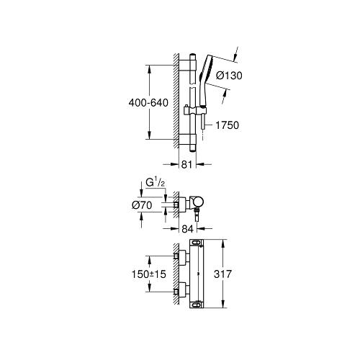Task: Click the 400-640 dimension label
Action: [x=148, y=103]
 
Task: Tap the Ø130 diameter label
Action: [x=229, y=76]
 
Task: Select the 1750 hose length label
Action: [x=227, y=125]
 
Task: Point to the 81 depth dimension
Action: [x=187, y=165]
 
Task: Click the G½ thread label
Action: [x=156, y=183]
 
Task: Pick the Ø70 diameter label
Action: [x=142, y=205]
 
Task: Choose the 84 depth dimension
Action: [x=187, y=229]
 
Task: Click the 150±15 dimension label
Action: [x=149, y=274]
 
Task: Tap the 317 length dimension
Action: [x=222, y=274]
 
